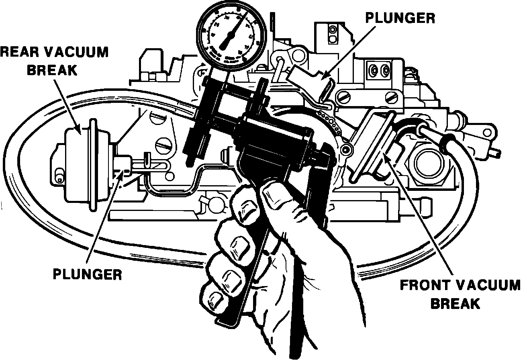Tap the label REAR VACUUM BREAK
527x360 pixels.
54,60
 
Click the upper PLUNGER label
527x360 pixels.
399,18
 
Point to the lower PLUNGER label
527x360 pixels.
87,275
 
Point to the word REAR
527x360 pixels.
18,52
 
